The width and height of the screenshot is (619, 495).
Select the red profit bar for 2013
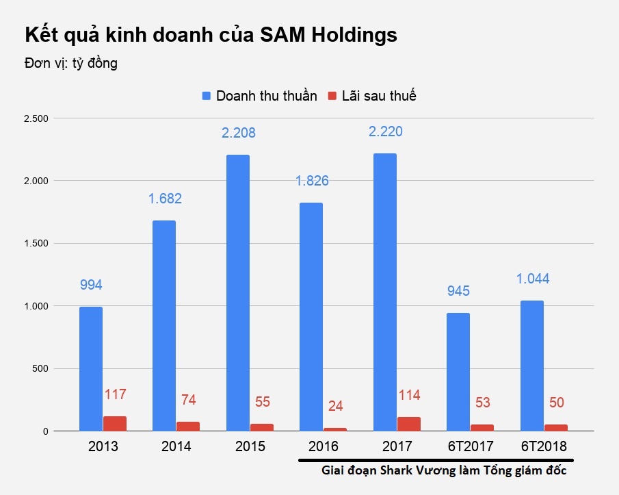click(115, 424)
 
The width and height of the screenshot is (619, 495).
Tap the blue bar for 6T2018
click(531, 366)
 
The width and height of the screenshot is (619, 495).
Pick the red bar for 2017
click(409, 424)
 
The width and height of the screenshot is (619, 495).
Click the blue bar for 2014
click(164, 326)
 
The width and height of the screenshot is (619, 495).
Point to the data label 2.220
click(385, 131)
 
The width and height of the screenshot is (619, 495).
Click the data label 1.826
click(312, 181)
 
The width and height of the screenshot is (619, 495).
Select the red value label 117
click(116, 394)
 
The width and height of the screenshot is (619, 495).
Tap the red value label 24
click(336, 406)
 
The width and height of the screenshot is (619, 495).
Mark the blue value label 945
click(458, 291)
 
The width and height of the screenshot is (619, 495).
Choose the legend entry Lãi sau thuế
click(379, 96)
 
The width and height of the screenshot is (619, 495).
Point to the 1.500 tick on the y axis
click(35, 244)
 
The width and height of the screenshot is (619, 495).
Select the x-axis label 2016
click(324, 447)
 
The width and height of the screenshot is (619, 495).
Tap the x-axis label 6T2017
click(471, 447)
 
